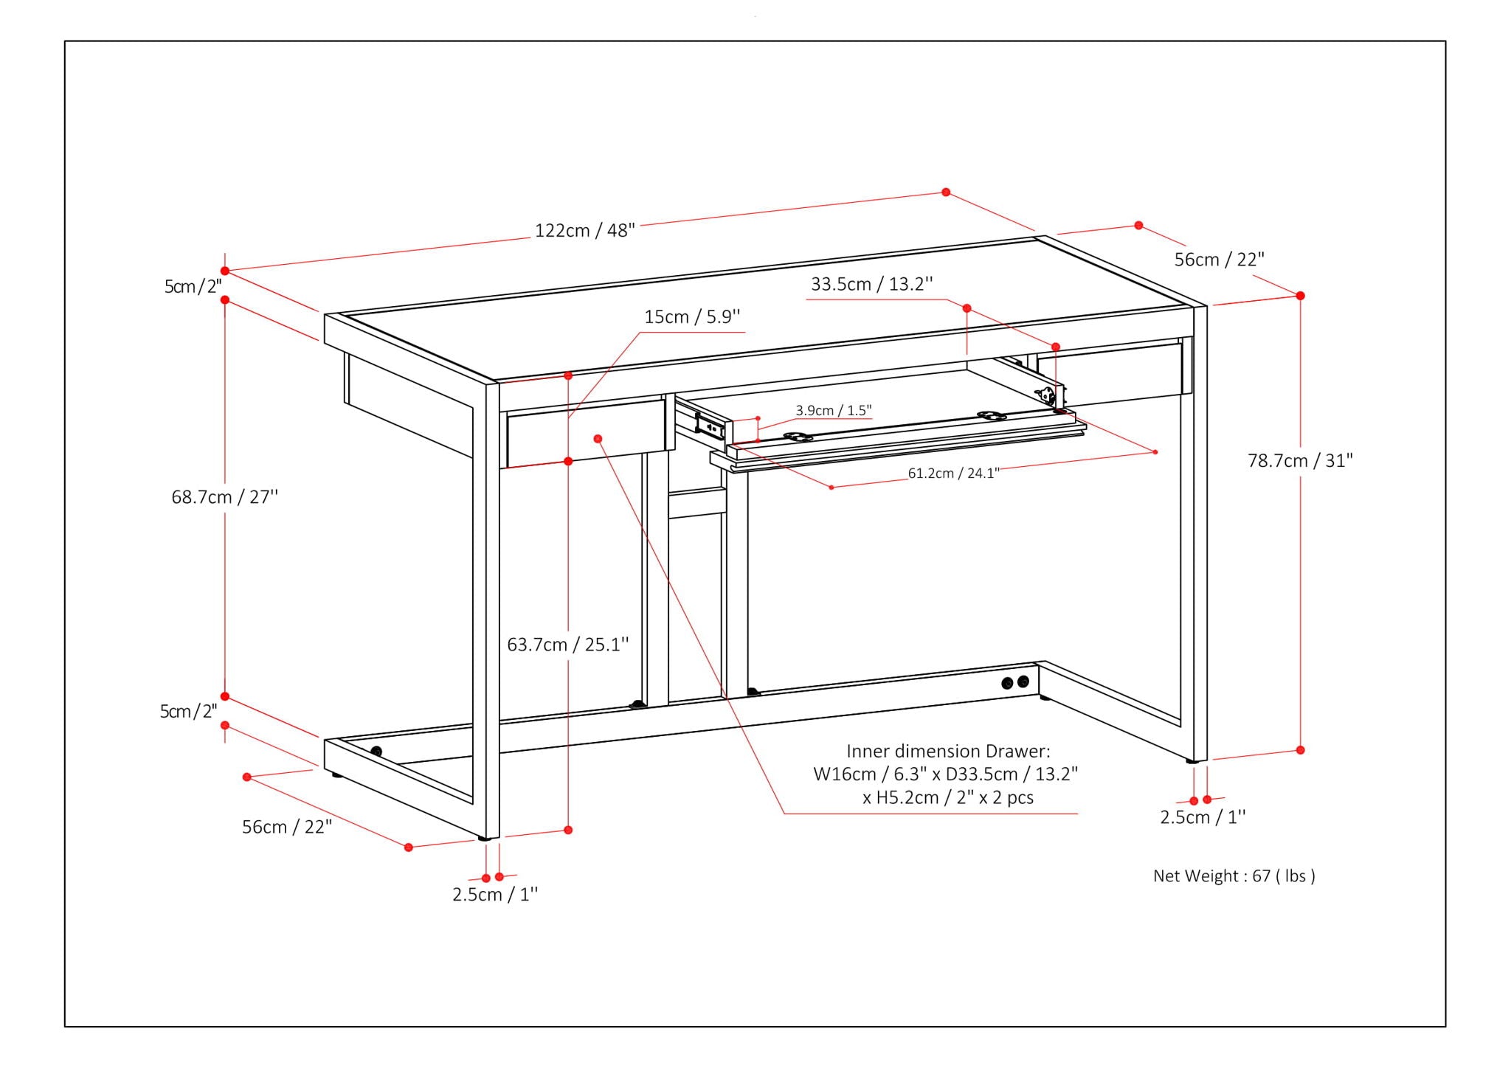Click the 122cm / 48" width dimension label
[584, 230]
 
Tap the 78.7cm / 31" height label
[1300, 460]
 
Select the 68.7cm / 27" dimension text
[224, 497]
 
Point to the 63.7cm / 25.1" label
[567, 645]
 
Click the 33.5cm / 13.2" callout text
[871, 284]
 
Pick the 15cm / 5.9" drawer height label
[691, 316]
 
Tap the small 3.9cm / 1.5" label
[833, 410]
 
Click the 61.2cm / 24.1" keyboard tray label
[953, 473]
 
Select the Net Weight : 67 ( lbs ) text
[1234, 875]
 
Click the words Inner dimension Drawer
[947, 751]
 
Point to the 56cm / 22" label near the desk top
[1219, 260]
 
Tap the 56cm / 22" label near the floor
[287, 827]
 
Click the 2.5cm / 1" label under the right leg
[1202, 817]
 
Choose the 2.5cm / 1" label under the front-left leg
[494, 895]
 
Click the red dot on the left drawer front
[598, 439]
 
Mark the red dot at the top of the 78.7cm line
[1300, 296]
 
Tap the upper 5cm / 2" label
[192, 286]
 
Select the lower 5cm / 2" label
[188, 711]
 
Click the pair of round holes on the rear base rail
[1015, 682]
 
